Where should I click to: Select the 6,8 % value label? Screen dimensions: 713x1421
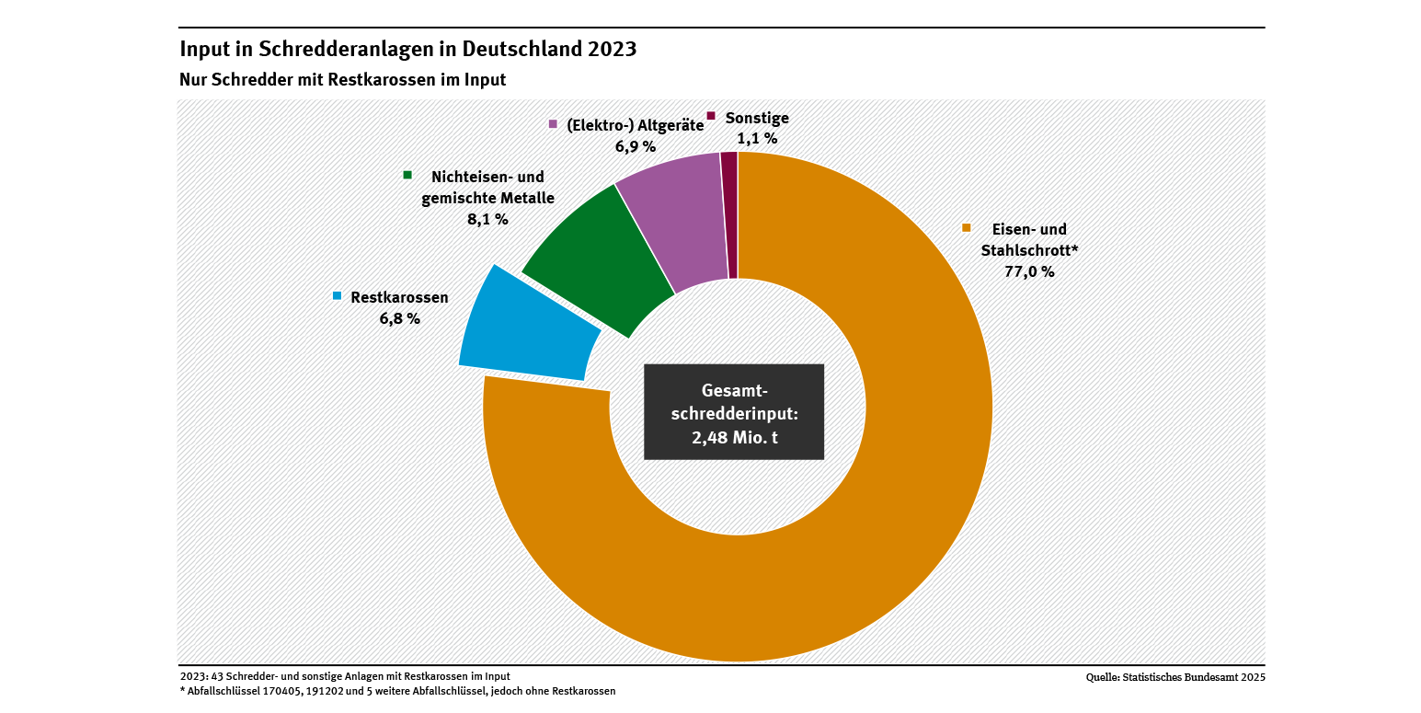[399, 318]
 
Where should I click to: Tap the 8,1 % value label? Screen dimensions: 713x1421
[487, 219]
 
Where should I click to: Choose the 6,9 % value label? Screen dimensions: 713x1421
[635, 146]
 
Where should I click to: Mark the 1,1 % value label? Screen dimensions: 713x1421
[757, 139]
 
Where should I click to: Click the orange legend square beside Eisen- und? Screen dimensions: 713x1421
[966, 227]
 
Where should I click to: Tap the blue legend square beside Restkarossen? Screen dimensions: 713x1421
[338, 296]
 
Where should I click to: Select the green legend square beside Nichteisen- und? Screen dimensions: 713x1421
[407, 175]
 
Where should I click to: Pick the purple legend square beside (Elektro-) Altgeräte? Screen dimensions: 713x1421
[553, 124]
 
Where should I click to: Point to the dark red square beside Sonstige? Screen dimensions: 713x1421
[711, 116]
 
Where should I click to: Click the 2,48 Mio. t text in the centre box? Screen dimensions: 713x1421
[734, 437]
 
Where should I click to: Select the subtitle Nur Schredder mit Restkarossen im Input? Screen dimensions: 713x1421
[342, 80]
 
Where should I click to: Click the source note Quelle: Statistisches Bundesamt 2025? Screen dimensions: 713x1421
[1175, 678]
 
